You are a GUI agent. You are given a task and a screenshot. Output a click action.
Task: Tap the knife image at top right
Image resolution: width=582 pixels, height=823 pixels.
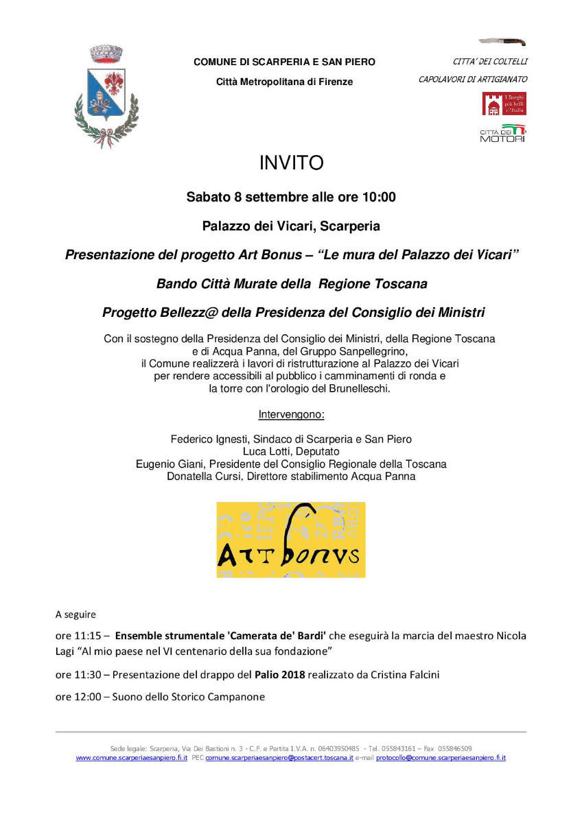pos(502,42)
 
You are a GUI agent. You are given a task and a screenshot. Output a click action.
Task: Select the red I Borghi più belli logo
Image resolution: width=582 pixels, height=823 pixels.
pos(504,104)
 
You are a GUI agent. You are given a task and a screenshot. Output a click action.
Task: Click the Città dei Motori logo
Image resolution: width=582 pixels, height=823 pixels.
pos(502,134)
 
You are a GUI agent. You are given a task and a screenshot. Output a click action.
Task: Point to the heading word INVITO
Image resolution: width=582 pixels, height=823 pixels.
pos(291,163)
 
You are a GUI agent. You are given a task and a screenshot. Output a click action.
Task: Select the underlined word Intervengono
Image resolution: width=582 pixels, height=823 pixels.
pos(291,415)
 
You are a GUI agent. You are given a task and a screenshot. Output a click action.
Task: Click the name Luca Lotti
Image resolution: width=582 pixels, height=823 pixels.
pos(268,451)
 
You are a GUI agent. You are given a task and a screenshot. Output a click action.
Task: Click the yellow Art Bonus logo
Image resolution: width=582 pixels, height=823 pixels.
pos(291,540)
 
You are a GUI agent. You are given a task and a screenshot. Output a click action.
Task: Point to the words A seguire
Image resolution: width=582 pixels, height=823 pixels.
pos(75,614)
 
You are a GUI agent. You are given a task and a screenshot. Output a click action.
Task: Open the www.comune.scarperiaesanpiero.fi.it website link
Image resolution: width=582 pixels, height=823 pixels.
pos(131,758)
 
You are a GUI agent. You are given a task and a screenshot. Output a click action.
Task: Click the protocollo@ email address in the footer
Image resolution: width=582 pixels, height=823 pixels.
pos(441,758)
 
